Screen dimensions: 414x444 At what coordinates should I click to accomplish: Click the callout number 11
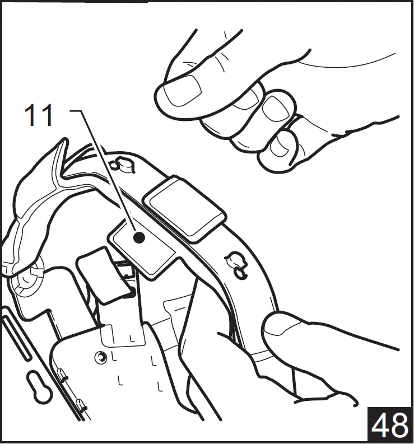(39, 115)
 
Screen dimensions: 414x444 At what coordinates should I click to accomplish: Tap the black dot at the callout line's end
(139, 237)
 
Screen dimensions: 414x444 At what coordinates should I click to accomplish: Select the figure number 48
(389, 426)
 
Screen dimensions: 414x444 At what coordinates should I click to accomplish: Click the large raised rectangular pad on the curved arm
(184, 209)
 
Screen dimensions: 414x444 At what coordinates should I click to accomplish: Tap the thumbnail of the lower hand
(283, 329)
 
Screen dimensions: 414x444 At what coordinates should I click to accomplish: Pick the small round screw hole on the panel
(101, 358)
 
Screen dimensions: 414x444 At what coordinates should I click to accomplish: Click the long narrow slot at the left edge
(16, 339)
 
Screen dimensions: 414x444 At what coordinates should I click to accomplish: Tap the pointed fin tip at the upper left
(64, 140)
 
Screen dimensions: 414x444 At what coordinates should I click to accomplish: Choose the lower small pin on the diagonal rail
(81, 404)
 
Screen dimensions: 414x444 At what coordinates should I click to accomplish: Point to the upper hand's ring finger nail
(275, 109)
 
